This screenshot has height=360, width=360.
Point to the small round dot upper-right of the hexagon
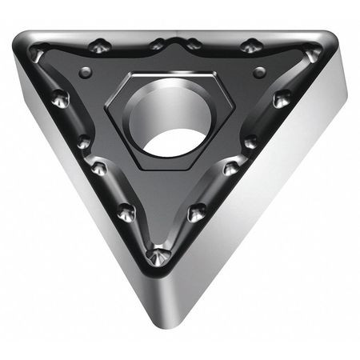pyautogui.click(x=258, y=73)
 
